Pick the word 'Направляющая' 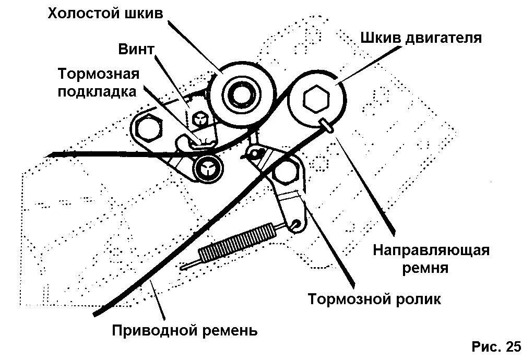pos(431,250)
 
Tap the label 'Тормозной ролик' pos(374,300)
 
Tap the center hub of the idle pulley pos(241,94)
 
